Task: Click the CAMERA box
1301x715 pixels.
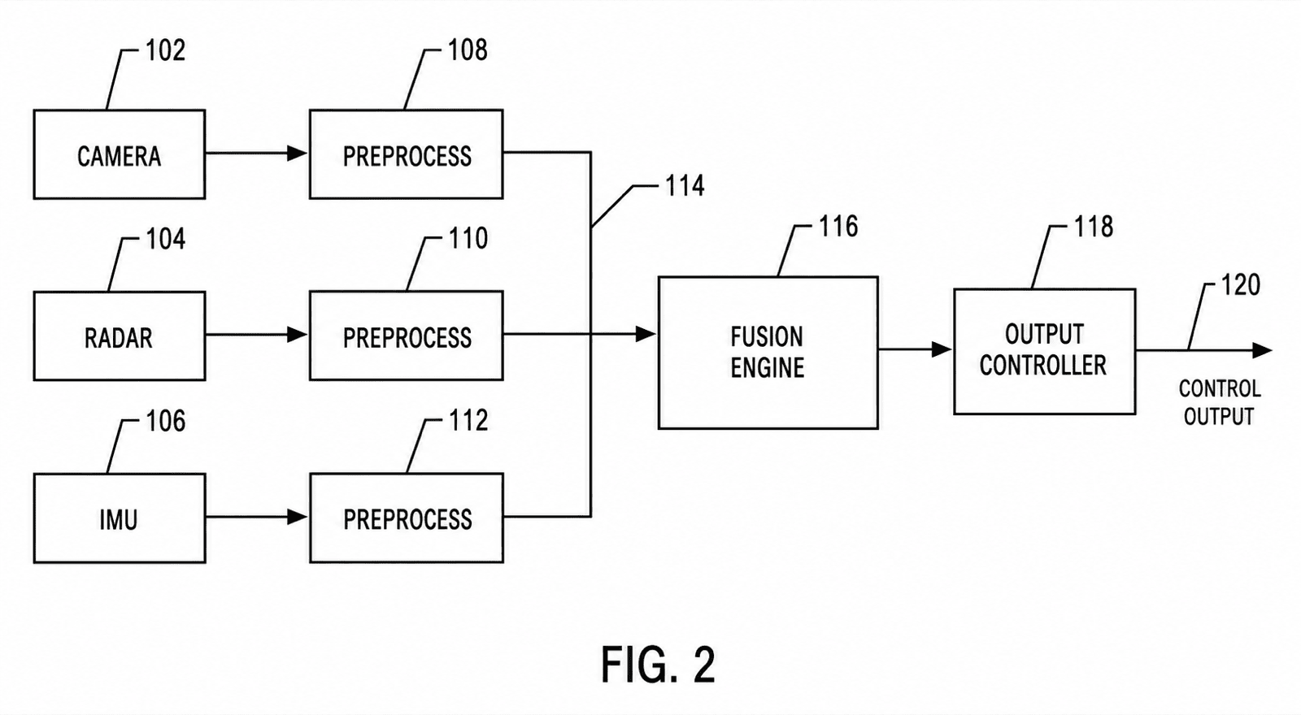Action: pos(119,154)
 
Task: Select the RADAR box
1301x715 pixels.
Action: pos(119,336)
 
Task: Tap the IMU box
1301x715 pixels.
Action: pos(119,518)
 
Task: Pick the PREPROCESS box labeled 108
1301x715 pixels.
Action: pos(406,154)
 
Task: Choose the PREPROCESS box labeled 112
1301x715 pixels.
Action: pos(406,518)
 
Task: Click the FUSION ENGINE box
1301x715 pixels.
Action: pos(768,353)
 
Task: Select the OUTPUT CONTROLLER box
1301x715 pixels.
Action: pos(1044,352)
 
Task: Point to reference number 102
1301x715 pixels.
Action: pos(166,50)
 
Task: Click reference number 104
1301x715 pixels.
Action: pos(166,239)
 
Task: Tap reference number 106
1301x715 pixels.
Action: pos(166,422)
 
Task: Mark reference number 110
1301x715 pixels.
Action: pos(468,239)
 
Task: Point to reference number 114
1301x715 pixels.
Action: pos(684,186)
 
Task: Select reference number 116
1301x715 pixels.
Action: pos(838,227)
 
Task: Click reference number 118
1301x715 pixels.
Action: pos(1094,227)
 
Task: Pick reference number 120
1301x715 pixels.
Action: pos(1241,285)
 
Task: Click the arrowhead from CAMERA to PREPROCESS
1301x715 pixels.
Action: pos(298,154)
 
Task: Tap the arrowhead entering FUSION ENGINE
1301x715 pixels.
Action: pos(646,334)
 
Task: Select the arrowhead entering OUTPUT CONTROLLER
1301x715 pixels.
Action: pos(942,349)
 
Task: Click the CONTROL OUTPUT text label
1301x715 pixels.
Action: pos(1220,403)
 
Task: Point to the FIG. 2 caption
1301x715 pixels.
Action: pos(658,665)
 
